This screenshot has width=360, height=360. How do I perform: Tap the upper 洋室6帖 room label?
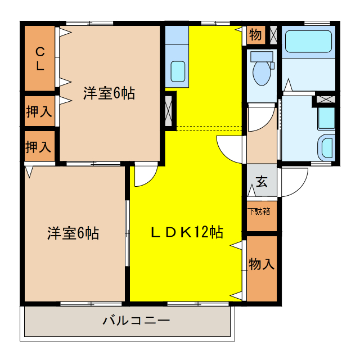[109, 93]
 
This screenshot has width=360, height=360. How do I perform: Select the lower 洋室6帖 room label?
[73, 233]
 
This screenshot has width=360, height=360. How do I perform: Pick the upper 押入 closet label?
[39, 111]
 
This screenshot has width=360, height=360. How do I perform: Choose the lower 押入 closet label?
[39, 147]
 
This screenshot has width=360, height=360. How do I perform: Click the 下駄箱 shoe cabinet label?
[259, 211]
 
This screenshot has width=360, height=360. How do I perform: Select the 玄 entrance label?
[262, 181]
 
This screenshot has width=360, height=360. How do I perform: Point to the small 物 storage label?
[255, 35]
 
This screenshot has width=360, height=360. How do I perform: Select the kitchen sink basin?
[178, 71]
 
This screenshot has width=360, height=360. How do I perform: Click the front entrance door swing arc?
[294, 183]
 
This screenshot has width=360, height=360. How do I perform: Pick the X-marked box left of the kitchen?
[169, 110]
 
